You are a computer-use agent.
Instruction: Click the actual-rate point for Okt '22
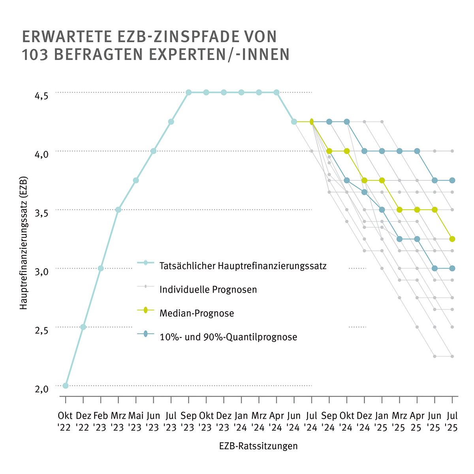[x=66, y=386]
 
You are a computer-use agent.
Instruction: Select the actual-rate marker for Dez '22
[x=83, y=327]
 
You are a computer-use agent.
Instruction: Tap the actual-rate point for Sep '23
[x=188, y=92]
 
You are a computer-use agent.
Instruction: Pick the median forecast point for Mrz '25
[x=399, y=210]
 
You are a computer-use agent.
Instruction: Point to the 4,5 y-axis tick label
[x=41, y=96]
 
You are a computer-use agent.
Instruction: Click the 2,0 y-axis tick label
[x=41, y=389]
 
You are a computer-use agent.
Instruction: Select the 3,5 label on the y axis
[x=41, y=213]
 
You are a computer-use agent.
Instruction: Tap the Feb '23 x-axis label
[x=101, y=421]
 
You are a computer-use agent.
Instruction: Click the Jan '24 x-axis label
[x=241, y=421]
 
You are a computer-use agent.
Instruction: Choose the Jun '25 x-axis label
[x=434, y=421]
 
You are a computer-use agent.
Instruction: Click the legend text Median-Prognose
[x=197, y=314]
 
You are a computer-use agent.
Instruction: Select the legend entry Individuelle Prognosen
[x=208, y=290]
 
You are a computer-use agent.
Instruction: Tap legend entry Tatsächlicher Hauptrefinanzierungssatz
[x=243, y=266]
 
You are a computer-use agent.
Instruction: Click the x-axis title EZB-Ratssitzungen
[x=258, y=446]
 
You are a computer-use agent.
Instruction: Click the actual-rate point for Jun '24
[x=294, y=122]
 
